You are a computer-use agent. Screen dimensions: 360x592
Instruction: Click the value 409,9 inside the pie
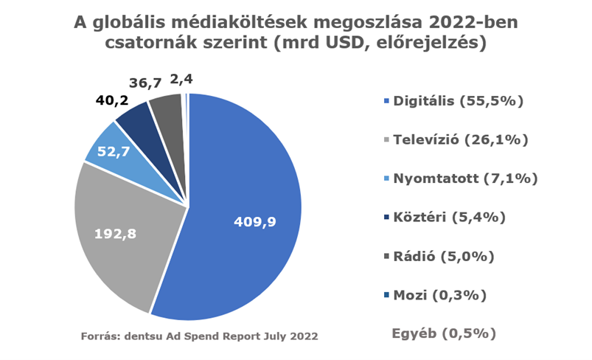[255, 221]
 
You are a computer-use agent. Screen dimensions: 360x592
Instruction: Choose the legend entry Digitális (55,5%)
[456, 100]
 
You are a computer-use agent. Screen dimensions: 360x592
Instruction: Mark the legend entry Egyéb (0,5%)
[442, 333]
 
